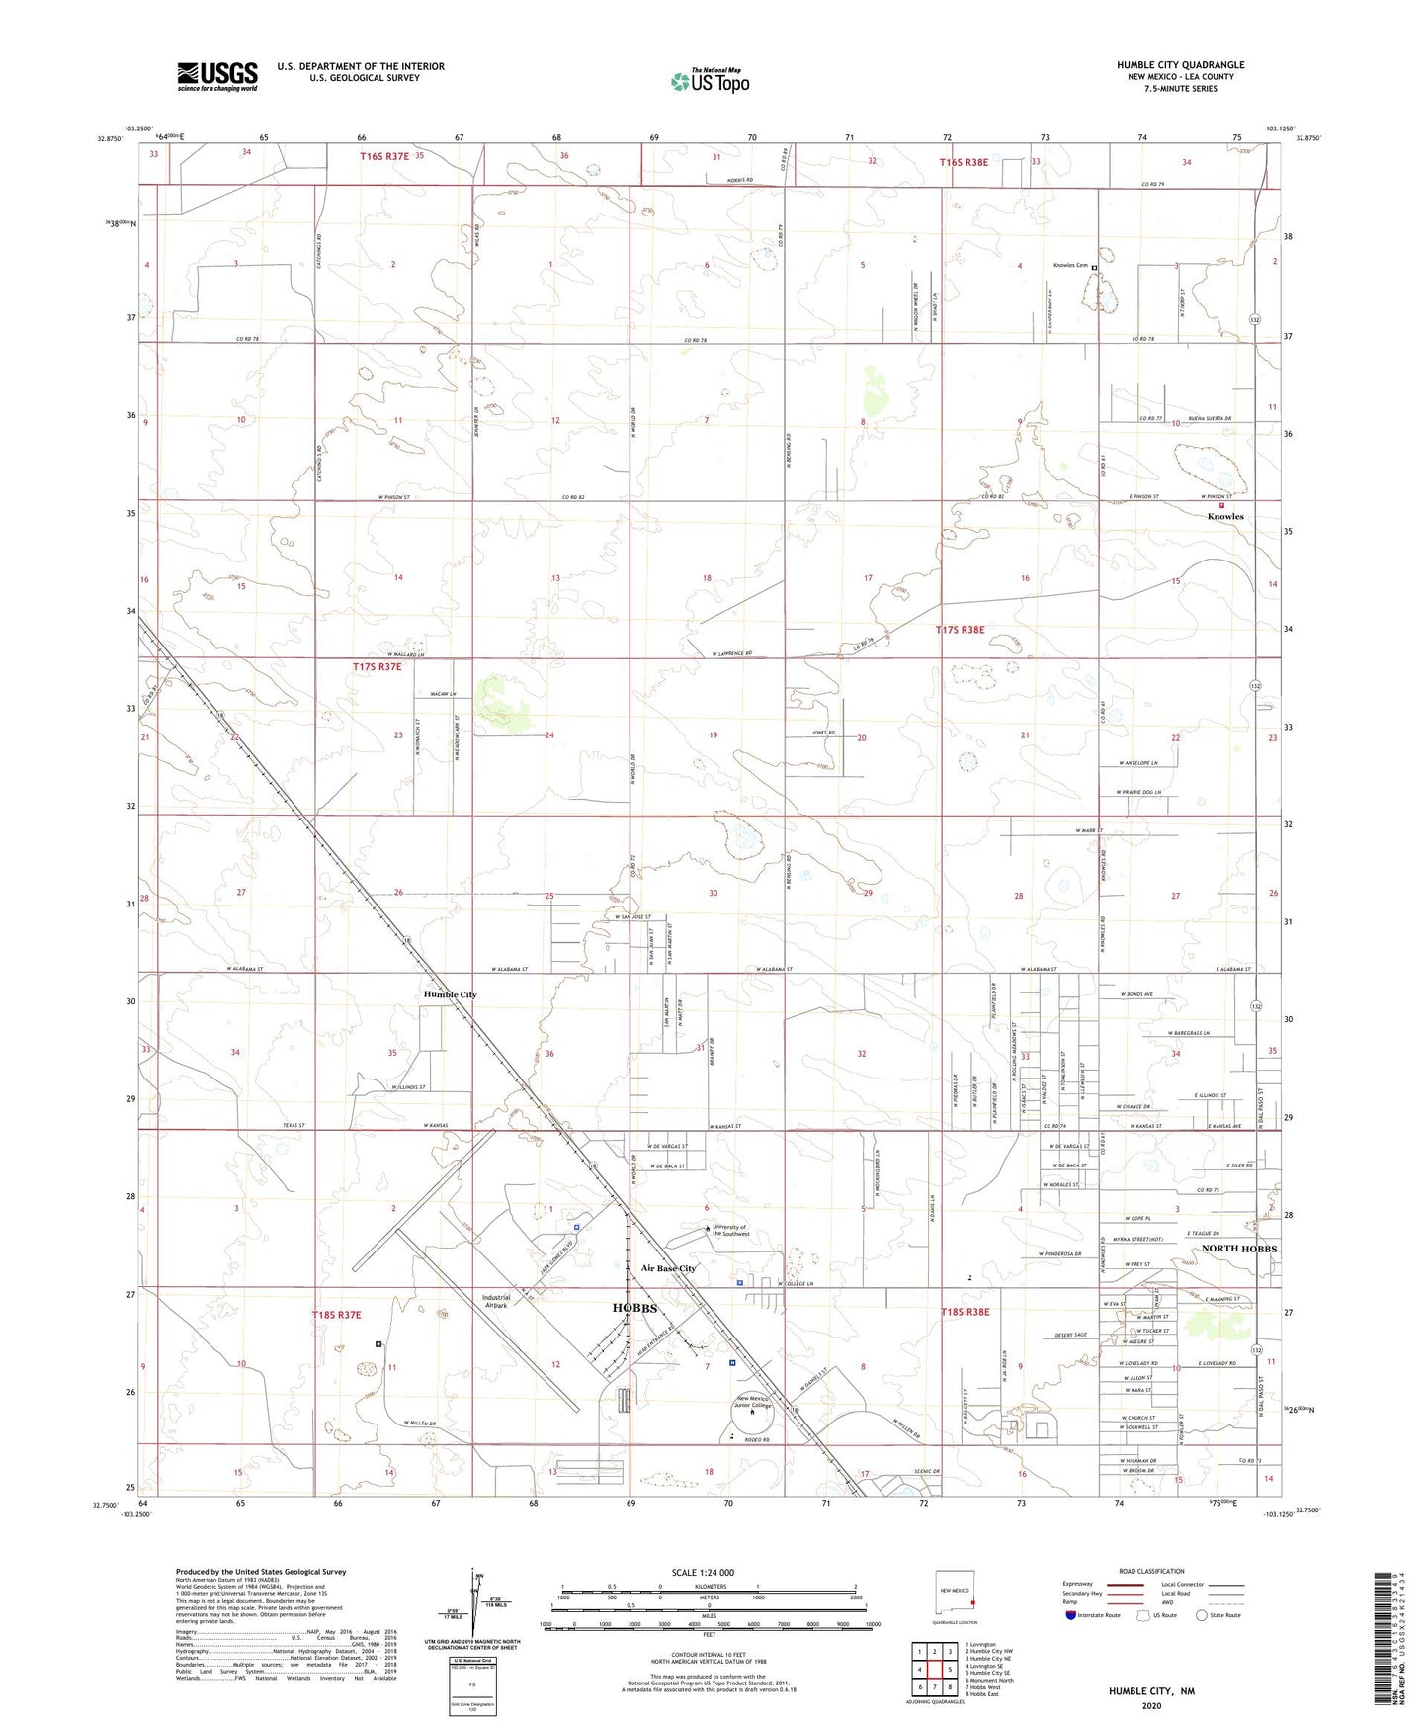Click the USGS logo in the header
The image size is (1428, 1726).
[x=217, y=75]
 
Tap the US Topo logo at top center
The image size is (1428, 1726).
[x=710, y=81]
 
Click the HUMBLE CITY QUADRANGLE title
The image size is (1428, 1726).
[x=1180, y=65]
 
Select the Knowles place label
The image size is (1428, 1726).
[x=1225, y=517]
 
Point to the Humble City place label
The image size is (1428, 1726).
[x=451, y=994]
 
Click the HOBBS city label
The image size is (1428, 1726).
[x=634, y=1307]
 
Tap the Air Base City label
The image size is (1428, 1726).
[x=668, y=1268]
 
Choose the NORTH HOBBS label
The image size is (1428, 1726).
[x=1239, y=1249]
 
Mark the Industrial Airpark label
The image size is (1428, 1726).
[x=495, y=1301]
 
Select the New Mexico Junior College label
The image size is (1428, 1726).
[x=753, y=1401]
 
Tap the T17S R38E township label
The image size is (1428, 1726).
[x=961, y=630]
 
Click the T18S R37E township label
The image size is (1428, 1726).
[x=337, y=1315]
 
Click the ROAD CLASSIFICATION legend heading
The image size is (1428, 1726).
[x=1151, y=1571]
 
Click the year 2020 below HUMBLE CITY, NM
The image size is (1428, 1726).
[x=1151, y=1705]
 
